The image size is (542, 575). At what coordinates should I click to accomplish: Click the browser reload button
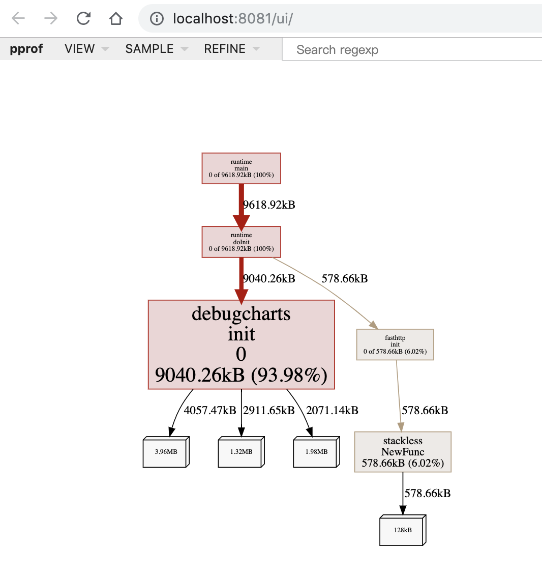click(83, 18)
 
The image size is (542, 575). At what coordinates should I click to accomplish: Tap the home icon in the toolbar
click(116, 18)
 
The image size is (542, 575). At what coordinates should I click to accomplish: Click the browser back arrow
click(18, 18)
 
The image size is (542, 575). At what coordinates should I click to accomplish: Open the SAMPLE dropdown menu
click(157, 49)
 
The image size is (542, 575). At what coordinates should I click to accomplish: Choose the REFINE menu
click(232, 49)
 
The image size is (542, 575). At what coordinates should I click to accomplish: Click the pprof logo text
click(26, 49)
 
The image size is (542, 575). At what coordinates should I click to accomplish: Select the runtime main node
click(241, 168)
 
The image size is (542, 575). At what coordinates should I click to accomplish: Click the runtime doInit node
click(241, 242)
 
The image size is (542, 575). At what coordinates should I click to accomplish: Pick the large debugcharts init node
click(241, 344)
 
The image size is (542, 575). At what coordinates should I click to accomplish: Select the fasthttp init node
click(395, 344)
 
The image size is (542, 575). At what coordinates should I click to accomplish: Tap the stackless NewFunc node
click(403, 452)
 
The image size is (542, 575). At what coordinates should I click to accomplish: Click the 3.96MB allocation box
click(166, 452)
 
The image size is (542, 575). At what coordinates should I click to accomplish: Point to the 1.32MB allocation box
click(241, 452)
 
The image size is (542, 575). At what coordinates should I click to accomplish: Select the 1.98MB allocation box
click(317, 452)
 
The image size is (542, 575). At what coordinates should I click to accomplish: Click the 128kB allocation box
click(403, 530)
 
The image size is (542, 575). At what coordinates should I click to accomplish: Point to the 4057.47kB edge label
click(210, 410)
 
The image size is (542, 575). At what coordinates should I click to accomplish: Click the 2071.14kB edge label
click(332, 410)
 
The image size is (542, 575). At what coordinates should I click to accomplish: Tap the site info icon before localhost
click(157, 18)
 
